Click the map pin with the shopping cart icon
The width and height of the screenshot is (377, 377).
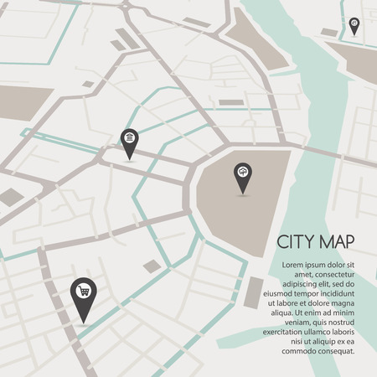pos(82,293)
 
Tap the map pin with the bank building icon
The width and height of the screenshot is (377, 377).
pos(128,140)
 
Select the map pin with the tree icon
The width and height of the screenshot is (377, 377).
pos(242,173)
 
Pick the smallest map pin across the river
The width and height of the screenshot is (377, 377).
pos(354,24)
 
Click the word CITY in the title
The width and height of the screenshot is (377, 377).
pos(298,242)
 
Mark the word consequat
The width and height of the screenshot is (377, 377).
pos(336,352)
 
